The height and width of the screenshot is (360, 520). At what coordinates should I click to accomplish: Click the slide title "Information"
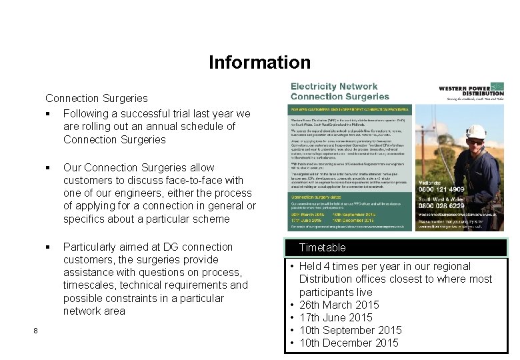pos(259,63)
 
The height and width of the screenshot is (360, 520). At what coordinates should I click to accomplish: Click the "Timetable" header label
pos(322,247)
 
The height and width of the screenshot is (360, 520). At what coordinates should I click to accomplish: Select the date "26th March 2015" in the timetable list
pos(339,305)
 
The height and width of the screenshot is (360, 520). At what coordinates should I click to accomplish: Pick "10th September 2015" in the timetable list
pos(350,330)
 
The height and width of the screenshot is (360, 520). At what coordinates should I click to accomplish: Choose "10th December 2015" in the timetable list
pos(349,343)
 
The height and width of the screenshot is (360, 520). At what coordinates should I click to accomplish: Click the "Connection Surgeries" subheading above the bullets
pos(96,98)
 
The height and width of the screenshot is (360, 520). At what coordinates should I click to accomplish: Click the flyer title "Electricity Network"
pos(333,87)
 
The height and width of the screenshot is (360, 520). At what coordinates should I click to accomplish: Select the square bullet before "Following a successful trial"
pos(49,114)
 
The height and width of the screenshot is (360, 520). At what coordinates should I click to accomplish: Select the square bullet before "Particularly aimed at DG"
pos(49,247)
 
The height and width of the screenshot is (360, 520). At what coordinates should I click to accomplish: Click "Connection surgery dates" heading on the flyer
pos(319,197)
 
